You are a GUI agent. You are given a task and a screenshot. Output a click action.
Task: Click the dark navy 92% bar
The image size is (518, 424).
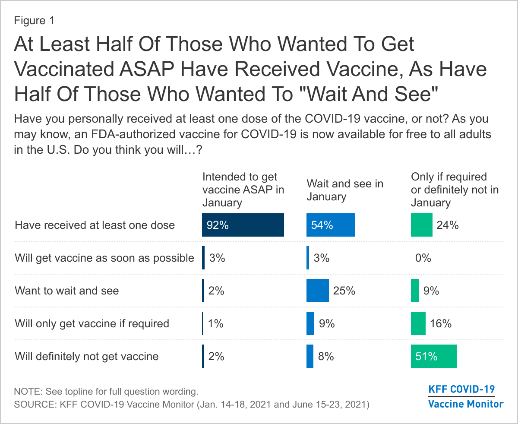pos(243,225)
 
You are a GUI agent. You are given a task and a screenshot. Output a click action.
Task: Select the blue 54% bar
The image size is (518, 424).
pos(330,225)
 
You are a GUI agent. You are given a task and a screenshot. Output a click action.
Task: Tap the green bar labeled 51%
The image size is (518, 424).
pos(433,356)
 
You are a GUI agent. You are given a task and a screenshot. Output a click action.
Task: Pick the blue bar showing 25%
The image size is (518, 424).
pos(318,291)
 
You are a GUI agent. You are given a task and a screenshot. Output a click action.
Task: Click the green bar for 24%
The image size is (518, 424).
pos(421,225)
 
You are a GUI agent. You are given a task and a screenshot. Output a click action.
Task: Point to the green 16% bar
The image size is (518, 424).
pos(418,323)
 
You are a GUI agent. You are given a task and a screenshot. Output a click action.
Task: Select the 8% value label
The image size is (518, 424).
pos(326,356)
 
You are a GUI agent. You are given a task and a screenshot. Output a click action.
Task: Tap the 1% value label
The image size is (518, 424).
pos(215,323)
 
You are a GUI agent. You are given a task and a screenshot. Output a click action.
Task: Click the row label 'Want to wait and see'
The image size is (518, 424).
pos(67,291)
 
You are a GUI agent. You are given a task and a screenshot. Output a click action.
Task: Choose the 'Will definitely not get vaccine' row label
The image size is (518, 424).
pos(87,356)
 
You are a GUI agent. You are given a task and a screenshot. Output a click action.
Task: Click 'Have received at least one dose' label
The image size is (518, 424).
pos(95,225)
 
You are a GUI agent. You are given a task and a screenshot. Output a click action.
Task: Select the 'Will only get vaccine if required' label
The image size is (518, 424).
pos(92,323)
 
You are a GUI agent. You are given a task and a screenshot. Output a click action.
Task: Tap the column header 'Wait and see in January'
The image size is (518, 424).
pos(345,190)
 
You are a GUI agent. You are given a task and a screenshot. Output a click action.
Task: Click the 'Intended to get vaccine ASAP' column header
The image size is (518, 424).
pos(243,190)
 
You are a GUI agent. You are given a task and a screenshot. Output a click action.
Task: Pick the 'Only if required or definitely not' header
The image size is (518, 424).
pos(455,190)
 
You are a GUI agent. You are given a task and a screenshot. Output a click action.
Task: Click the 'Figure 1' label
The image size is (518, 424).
pos(35,21)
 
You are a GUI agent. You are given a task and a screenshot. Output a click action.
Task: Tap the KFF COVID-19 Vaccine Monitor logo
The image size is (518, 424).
pos(465,396)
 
